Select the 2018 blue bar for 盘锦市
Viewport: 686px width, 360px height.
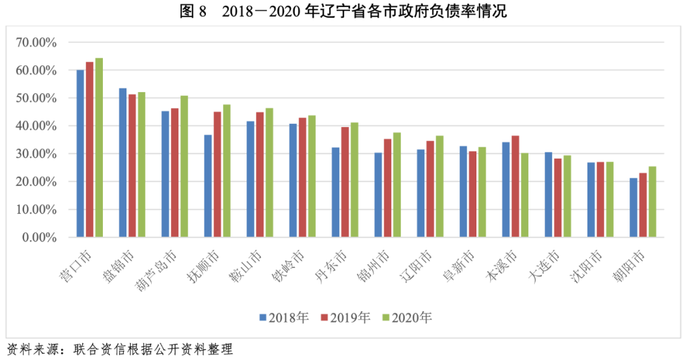123,163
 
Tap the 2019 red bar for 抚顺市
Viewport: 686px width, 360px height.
217,175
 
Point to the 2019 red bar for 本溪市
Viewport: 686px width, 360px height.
515,187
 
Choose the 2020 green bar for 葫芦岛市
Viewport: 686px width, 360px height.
184,166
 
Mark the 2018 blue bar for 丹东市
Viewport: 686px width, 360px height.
335,192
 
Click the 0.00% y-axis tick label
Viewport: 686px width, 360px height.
39,237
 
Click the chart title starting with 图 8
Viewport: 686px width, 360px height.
343,12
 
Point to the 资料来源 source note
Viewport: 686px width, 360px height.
120,349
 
